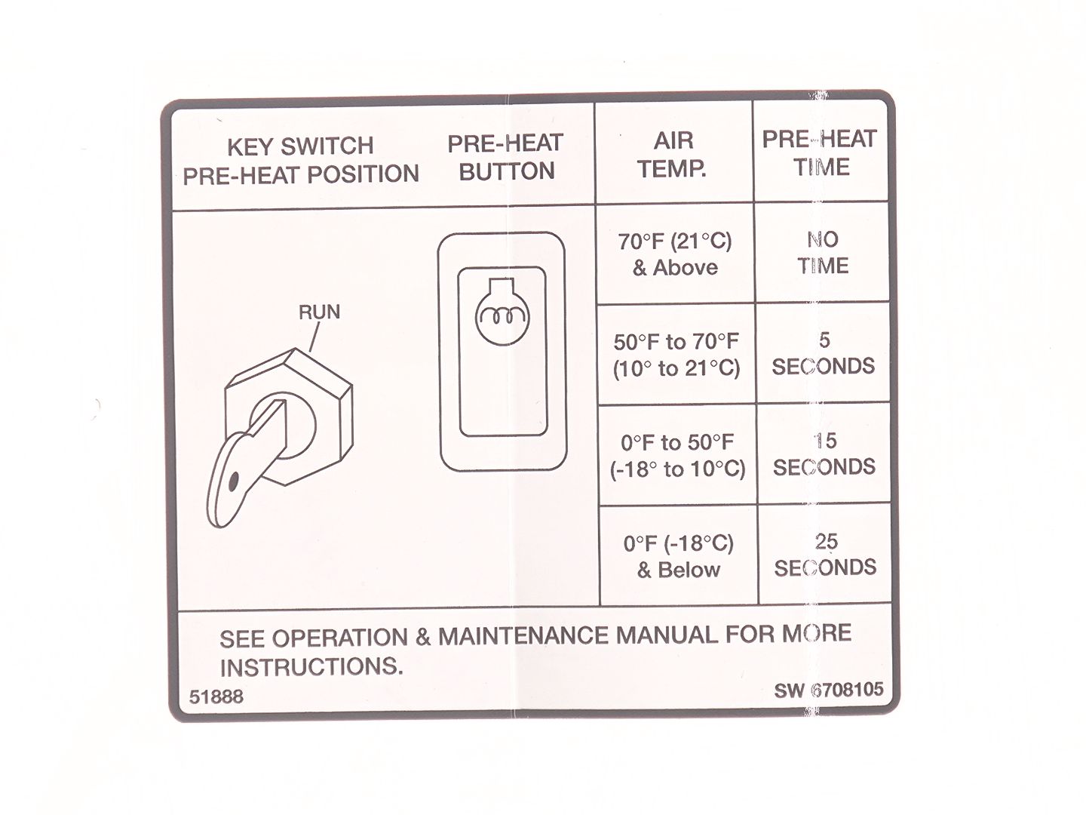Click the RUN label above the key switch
319,312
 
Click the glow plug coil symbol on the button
502,315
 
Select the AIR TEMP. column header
673,155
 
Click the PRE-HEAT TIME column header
820,153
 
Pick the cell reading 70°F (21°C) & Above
675,254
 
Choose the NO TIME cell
823,253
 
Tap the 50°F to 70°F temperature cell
676,355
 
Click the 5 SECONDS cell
824,353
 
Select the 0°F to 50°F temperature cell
677,456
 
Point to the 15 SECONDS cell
824,454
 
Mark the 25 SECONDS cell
825,555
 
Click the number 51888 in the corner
216,697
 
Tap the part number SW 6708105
829,690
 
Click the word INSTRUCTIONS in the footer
311,667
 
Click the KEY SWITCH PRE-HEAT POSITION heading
301,160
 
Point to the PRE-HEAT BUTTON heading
505,158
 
